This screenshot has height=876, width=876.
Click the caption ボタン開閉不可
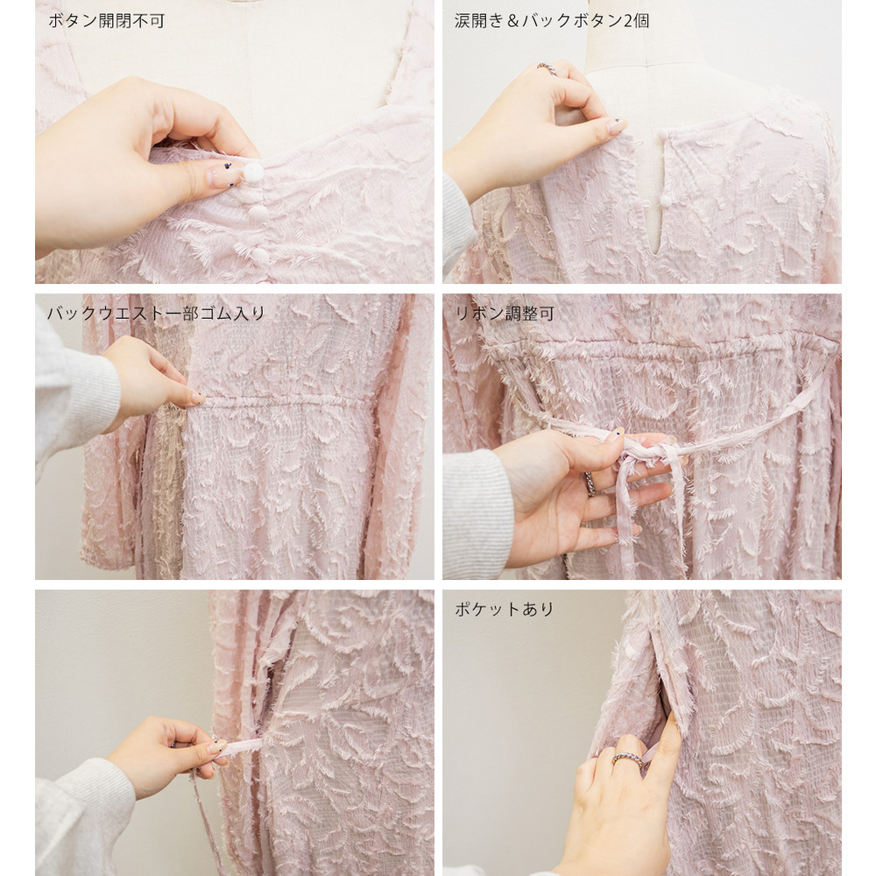tap(106, 21)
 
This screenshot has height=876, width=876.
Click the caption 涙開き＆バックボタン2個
tap(551, 21)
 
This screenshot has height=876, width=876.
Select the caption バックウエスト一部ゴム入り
tap(156, 314)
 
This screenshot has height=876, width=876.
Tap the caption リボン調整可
tap(505, 314)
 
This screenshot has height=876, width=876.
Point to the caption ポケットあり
tap(504, 609)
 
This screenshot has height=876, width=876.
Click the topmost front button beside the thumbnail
tap(253, 172)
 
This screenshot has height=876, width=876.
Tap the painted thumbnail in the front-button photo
tap(223, 175)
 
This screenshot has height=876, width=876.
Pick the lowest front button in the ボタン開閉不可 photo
tap(259, 255)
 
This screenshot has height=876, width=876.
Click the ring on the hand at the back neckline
tap(547, 68)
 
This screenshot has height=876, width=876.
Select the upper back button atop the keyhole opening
tap(663, 135)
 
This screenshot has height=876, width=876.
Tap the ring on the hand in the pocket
tap(627, 759)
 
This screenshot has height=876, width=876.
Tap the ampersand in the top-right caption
tap(512, 21)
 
